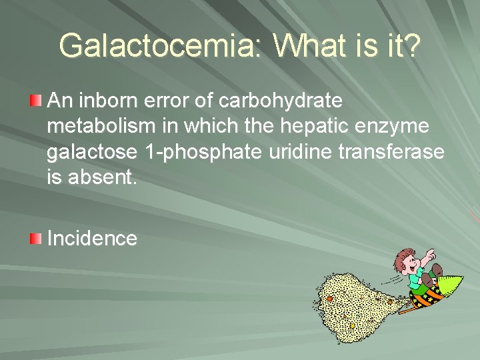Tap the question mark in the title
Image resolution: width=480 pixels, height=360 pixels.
pos(411,46)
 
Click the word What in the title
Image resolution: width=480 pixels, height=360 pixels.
pos(309,46)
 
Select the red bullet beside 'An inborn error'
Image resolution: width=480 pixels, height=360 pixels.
pos(36,101)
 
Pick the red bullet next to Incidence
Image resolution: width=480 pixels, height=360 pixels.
pos(36,238)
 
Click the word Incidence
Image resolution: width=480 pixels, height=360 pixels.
pos(92,238)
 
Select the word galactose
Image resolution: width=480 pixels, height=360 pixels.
pos(92,153)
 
